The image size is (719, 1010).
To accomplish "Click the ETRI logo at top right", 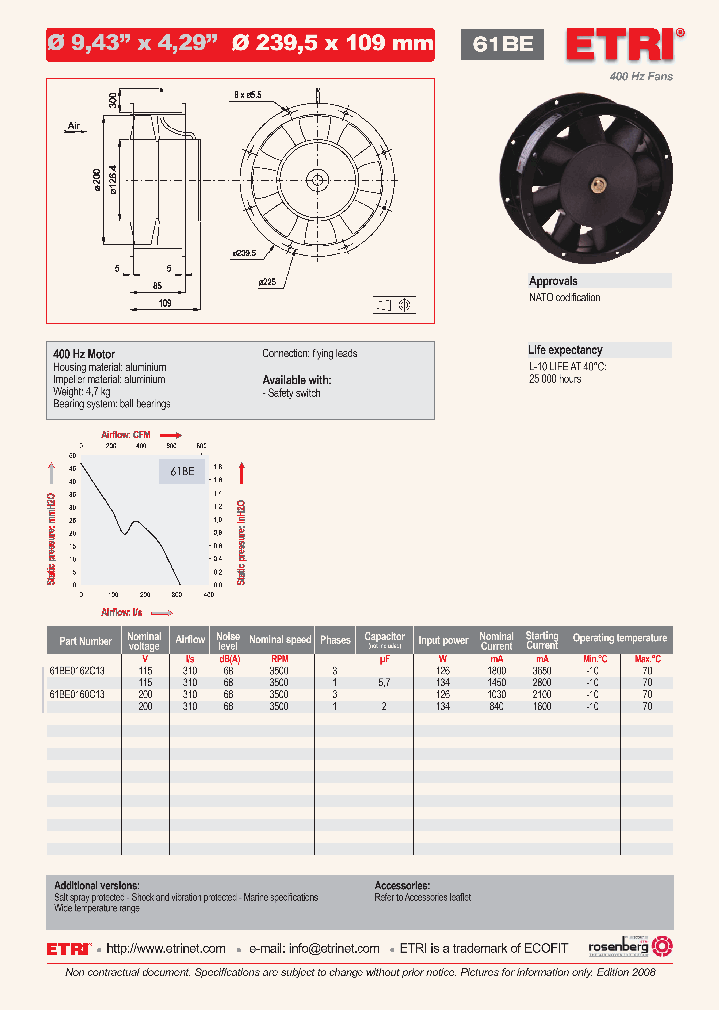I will pos(625,45).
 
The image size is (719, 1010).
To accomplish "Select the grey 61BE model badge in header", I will pos(501,44).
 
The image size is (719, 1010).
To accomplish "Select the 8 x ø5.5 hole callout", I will pos(247,95).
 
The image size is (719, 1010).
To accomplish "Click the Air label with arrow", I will pos(74,127).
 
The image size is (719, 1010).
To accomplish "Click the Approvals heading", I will pos(553,282).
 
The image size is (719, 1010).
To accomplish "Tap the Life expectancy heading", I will pos(565,350).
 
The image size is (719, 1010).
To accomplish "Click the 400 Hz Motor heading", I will pos(84,354).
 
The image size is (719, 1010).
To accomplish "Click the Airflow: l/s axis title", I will pos(122,611).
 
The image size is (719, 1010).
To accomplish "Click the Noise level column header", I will pos(228,639).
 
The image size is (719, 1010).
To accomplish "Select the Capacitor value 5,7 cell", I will pos(384,682).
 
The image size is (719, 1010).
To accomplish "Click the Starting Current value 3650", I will pos(542,670).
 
